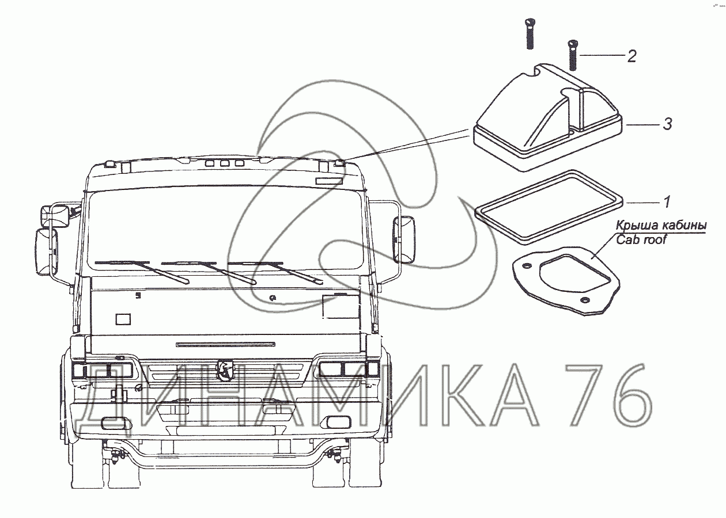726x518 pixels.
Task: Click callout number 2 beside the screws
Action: (632, 56)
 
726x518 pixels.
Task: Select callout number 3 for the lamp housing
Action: (667, 124)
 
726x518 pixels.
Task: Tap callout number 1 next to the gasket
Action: (667, 202)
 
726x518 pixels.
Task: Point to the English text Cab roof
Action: (641, 239)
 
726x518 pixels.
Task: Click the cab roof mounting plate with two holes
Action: (566, 278)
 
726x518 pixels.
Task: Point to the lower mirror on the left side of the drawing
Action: (46, 252)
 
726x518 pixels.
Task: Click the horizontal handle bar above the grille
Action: (225, 344)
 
